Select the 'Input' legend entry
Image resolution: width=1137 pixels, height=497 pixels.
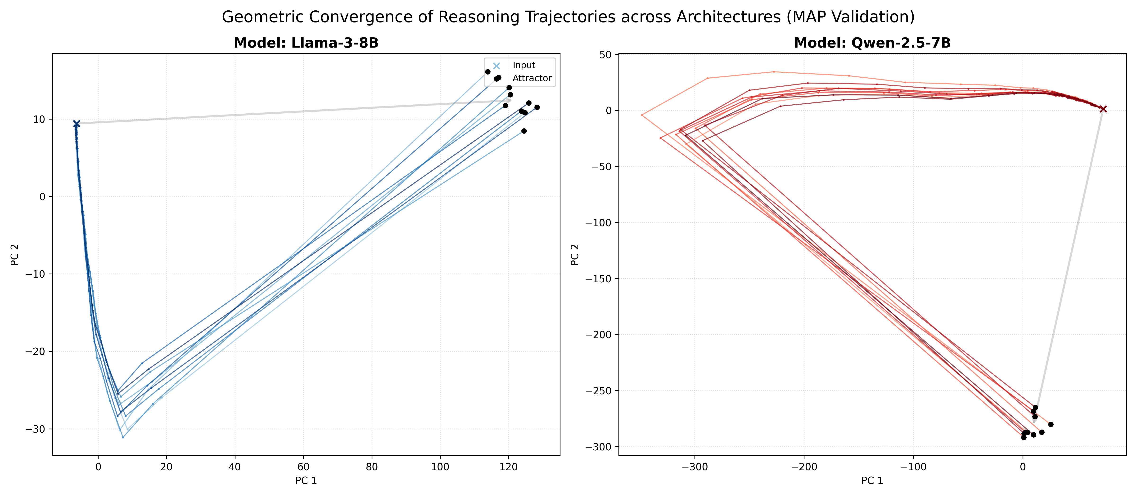click(523, 65)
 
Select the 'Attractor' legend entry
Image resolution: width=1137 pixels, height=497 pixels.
click(531, 78)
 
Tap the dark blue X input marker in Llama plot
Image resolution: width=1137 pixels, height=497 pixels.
click(76, 124)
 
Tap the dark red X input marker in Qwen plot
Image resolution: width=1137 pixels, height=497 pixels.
click(1103, 109)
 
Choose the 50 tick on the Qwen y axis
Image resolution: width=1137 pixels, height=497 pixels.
click(606, 55)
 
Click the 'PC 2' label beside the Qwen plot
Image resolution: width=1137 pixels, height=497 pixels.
click(574, 255)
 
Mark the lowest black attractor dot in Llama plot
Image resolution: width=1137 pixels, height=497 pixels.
click(524, 131)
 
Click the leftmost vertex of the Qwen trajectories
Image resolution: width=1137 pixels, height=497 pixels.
click(642, 115)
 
